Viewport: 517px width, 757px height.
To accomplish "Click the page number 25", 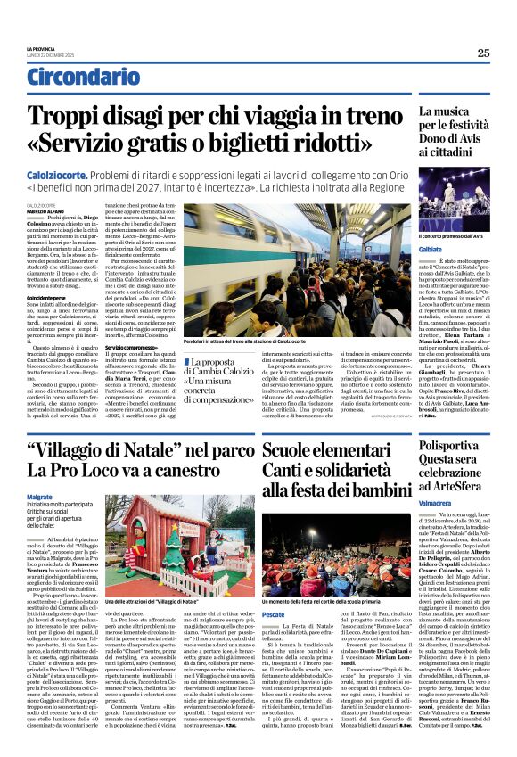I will coord(482,53).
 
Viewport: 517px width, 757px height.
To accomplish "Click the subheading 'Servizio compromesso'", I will coord(133,347).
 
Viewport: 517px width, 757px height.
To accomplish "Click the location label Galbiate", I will coord(434,251).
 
